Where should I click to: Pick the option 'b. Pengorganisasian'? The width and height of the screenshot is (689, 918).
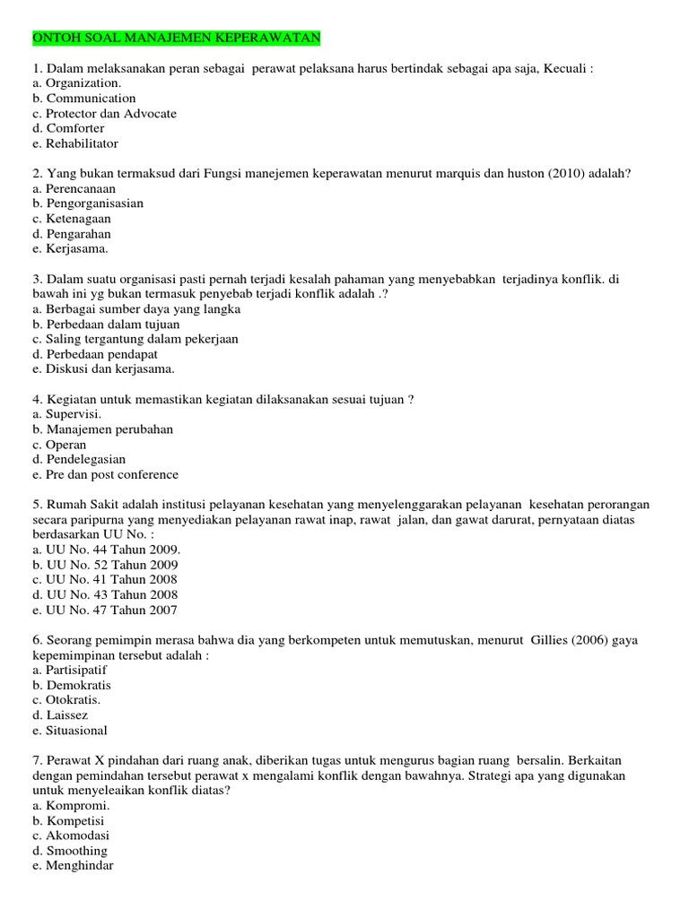[88, 204]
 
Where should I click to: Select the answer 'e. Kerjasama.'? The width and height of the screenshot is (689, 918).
[70, 249]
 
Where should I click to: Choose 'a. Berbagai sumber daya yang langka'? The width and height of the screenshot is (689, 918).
[135, 309]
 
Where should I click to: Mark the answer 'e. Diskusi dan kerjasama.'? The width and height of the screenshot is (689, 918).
[103, 369]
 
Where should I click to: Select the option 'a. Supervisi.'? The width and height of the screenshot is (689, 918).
[66, 414]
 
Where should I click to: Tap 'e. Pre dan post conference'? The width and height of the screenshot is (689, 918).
[105, 475]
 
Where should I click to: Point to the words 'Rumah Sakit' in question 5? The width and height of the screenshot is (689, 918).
[84, 505]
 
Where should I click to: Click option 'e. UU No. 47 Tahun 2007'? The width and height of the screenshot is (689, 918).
[104, 611]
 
